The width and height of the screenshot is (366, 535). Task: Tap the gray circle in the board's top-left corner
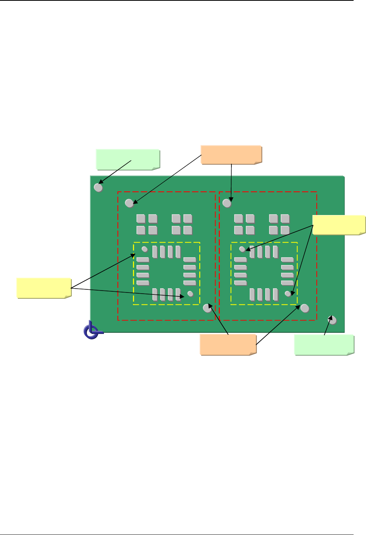[98, 188]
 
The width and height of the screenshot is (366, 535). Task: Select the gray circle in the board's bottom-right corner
[332, 320]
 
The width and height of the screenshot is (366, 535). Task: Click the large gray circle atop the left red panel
[129, 203]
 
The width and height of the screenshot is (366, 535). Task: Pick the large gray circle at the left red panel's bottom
[207, 308]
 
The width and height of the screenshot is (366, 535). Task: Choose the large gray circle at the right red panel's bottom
[305, 308]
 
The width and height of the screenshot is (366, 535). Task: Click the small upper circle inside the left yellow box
[145, 249]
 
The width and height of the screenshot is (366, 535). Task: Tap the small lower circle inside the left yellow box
[190, 294]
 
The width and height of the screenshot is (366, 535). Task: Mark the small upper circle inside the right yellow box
[242, 249]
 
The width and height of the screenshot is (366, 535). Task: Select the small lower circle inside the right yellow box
[288, 294]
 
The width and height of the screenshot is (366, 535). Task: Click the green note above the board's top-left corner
[128, 159]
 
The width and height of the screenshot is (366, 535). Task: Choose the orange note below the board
[228, 344]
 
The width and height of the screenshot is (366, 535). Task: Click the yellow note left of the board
[44, 288]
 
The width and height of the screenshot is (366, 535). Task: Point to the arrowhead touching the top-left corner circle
[100, 182]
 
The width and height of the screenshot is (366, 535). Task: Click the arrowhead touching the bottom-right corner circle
[331, 318]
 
